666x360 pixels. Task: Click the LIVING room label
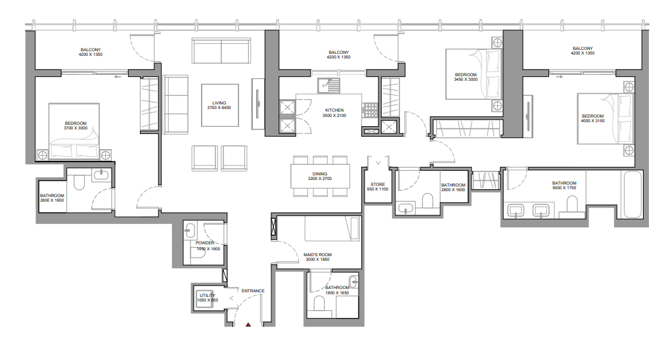(x=219, y=102)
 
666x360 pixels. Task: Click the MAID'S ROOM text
(x=317, y=254)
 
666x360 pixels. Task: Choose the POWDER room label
(x=205, y=243)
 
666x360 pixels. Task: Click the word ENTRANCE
(x=253, y=290)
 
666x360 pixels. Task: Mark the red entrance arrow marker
(x=248, y=324)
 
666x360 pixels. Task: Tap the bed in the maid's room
(x=332, y=229)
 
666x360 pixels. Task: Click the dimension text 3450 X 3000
(x=466, y=79)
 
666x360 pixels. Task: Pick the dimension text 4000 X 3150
(x=592, y=121)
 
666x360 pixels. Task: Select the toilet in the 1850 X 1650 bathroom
(x=320, y=304)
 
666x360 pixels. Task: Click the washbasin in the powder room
(x=190, y=231)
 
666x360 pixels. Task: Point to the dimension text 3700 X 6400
(x=219, y=108)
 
